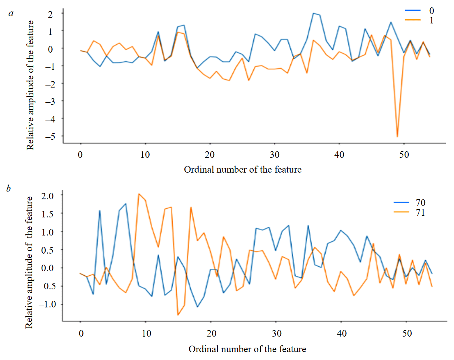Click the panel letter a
coord(11,13)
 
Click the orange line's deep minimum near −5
coord(397,136)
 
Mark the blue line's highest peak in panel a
coord(313,13)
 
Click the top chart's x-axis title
coord(243,169)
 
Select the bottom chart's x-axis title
coord(247,349)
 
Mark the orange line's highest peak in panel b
coord(139,194)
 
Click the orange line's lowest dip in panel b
coord(178,315)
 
